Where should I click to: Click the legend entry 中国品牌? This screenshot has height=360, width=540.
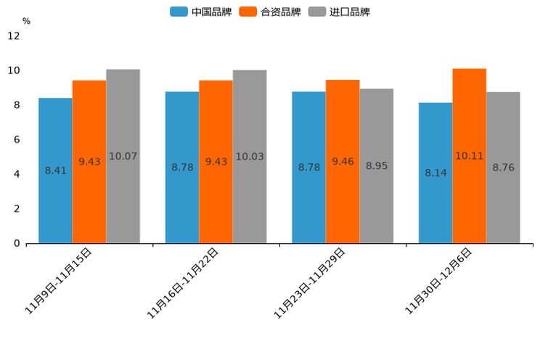click(201, 12)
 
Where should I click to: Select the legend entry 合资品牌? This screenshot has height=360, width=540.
click(270, 12)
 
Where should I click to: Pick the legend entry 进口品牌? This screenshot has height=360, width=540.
click(339, 12)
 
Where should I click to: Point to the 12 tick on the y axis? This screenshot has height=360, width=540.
click(14, 36)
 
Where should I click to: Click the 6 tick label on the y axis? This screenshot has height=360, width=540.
click(17, 139)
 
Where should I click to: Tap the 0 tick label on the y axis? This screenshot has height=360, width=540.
click(17, 243)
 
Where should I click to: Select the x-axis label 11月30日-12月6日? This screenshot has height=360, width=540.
click(438, 281)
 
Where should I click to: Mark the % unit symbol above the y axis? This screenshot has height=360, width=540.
click(26, 21)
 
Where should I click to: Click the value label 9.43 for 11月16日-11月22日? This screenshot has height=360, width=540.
click(216, 162)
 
